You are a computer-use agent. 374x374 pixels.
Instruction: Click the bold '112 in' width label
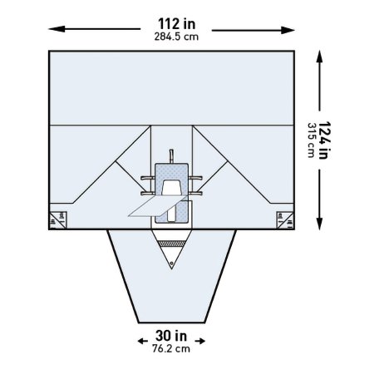click(176, 24)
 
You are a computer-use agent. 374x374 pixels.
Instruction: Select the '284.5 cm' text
click(176, 37)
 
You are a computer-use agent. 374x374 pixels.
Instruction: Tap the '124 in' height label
click(325, 140)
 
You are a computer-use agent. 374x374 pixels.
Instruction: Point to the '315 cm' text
click(312, 140)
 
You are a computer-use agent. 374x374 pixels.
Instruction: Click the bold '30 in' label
click(171, 336)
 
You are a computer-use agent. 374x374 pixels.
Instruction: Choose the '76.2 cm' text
click(171, 348)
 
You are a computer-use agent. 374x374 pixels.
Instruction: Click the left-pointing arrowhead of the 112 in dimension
click(57, 29)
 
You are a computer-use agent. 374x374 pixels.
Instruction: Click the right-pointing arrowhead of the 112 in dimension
click(287, 30)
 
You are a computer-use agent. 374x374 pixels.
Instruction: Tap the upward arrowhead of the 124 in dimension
click(320, 58)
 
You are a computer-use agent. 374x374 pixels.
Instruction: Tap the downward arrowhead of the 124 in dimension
click(320, 223)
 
